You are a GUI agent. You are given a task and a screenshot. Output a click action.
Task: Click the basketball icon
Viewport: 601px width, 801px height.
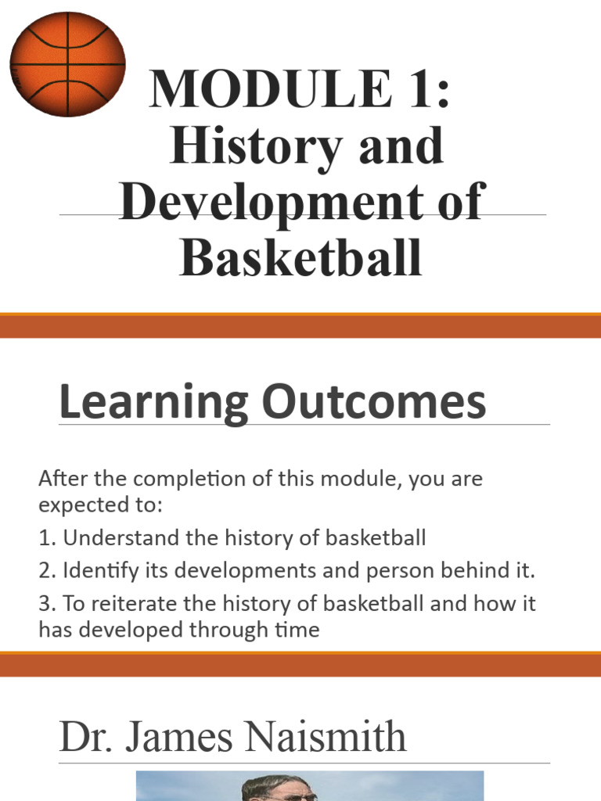pyautogui.click(x=67, y=64)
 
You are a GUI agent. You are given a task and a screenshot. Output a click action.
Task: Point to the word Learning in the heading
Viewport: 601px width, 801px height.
pyautogui.click(x=153, y=404)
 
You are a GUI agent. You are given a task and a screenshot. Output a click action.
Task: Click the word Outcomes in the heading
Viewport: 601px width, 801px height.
pyautogui.click(x=373, y=404)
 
